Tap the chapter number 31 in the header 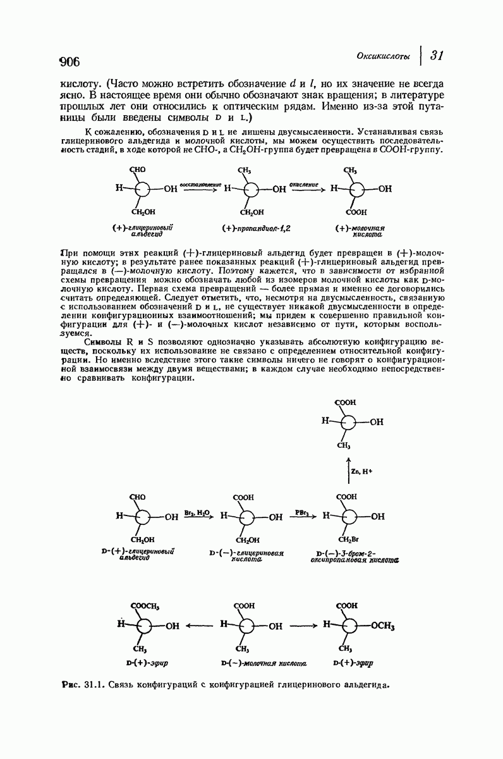436,56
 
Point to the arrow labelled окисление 308,188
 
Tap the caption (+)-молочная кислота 361,230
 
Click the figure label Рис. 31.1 82,684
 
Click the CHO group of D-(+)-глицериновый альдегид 138,497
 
